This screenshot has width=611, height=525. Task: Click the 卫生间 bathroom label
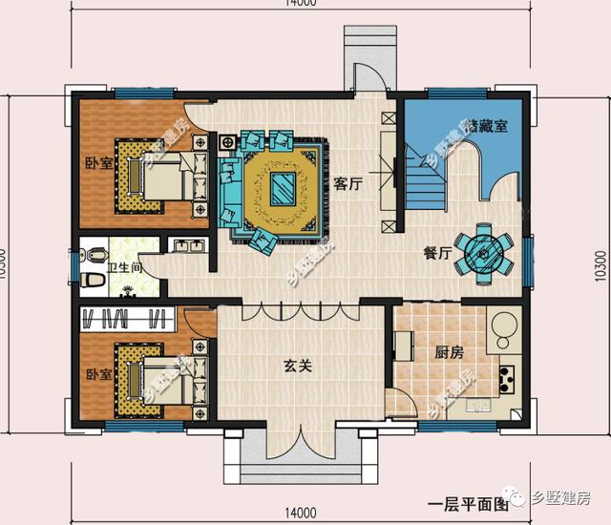coord(125,268)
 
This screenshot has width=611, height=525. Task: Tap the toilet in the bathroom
coord(93,279)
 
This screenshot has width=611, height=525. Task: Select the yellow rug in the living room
coord(283,187)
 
